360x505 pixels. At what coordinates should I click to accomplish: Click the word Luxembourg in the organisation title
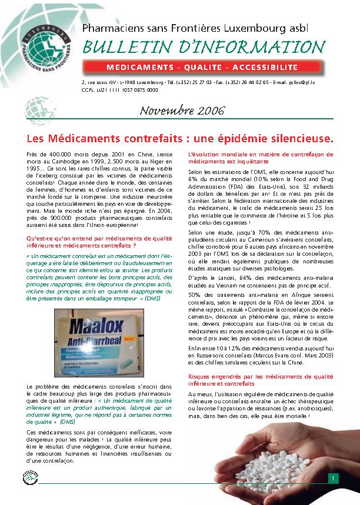pyautogui.click(x=280, y=28)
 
